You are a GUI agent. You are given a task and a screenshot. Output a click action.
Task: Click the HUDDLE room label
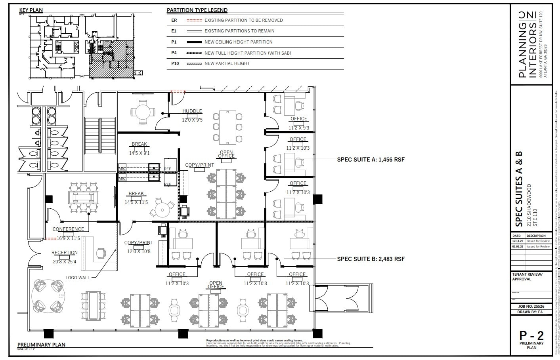point(192,111)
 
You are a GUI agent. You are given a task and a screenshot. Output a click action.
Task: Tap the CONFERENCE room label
point(68,229)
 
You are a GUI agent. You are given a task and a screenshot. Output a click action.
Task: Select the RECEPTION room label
point(65,253)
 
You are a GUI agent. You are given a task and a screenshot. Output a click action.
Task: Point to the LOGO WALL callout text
point(78,278)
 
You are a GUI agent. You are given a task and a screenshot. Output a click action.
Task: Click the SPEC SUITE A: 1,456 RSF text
point(371,160)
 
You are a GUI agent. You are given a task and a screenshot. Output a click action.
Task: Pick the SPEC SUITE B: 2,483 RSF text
point(371,259)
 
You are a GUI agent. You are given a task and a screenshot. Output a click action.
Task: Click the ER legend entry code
point(174,20)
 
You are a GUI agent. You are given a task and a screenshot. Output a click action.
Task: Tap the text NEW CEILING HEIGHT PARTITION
point(238,42)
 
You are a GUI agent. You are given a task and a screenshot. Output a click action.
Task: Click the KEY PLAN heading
point(31,10)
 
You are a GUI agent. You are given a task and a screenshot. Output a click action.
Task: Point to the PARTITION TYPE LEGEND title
point(197,10)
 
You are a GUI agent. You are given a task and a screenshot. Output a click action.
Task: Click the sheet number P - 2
point(531,335)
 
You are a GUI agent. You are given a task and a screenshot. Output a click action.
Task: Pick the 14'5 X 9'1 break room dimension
point(139,153)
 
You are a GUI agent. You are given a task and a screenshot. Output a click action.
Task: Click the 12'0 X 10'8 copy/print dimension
point(139,251)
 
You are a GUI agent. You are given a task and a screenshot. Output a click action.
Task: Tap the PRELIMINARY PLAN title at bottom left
point(41,345)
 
